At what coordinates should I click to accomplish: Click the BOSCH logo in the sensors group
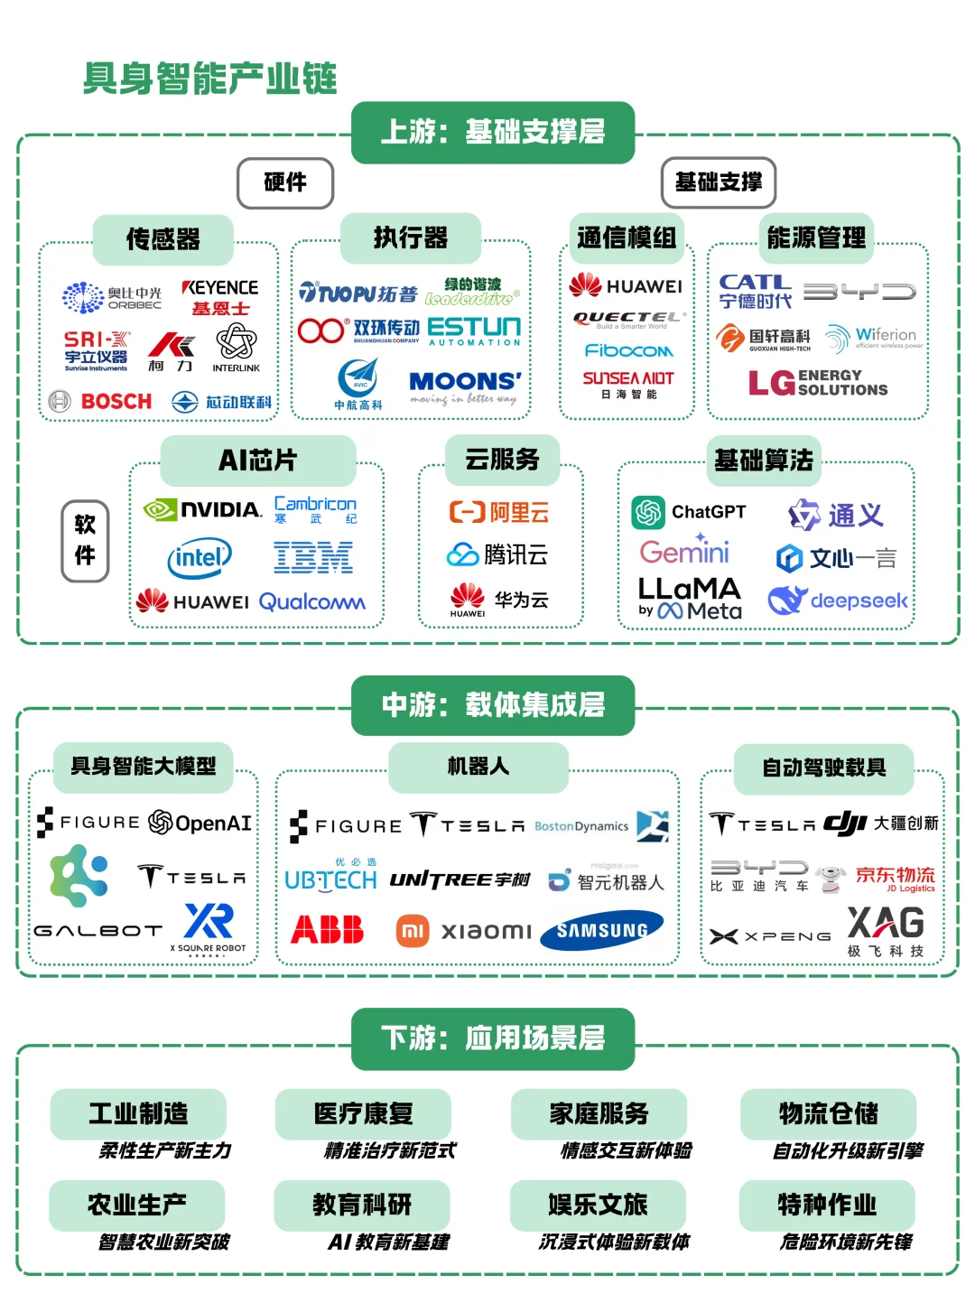(101, 401)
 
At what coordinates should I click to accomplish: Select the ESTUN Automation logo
(474, 330)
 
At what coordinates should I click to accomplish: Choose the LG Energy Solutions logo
(818, 383)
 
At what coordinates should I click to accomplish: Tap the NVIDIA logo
(203, 510)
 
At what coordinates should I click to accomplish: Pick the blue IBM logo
(313, 558)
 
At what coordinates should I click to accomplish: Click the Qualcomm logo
(311, 601)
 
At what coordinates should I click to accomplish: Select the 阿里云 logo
(499, 513)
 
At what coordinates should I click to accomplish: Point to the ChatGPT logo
(689, 512)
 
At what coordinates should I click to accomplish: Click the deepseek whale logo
(838, 600)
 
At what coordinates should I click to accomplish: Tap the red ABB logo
(327, 929)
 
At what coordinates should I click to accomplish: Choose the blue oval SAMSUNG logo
(601, 930)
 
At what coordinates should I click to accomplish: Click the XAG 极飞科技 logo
(886, 930)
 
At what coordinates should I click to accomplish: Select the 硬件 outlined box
(285, 182)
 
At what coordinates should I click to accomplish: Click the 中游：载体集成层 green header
(493, 705)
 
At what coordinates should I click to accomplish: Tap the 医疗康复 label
(363, 1113)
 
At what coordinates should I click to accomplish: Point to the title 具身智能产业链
(209, 79)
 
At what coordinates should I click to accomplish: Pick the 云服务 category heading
(502, 460)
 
